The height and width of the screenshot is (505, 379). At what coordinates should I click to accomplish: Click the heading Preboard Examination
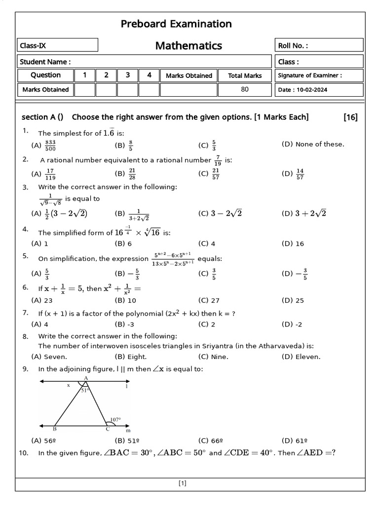click(176, 24)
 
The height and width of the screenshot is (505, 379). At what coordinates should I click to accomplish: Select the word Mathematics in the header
click(189, 46)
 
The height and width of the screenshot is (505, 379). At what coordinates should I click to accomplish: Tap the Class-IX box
click(57, 46)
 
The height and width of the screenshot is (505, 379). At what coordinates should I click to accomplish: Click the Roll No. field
click(319, 46)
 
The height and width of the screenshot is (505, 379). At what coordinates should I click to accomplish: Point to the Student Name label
click(45, 62)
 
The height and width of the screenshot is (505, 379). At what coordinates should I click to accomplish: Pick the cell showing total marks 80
click(245, 89)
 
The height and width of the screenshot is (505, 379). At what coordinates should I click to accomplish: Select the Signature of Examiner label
click(310, 75)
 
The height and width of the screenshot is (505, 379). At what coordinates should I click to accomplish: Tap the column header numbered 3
click(128, 75)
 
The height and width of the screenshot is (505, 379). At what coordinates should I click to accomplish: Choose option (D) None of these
click(313, 144)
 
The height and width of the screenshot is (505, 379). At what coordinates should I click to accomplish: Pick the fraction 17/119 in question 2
click(50, 174)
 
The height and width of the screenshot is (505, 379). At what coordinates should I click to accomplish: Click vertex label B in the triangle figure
click(54, 429)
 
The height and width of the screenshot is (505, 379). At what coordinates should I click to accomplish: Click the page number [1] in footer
click(182, 484)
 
